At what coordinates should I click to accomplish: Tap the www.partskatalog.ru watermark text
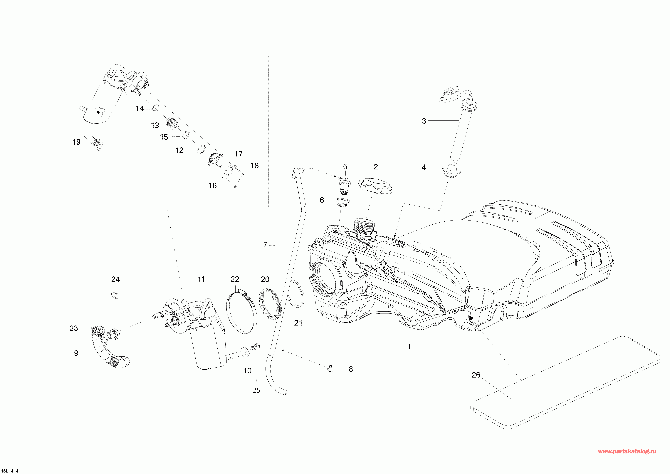(627, 452)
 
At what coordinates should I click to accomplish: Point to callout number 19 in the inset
(76, 142)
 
